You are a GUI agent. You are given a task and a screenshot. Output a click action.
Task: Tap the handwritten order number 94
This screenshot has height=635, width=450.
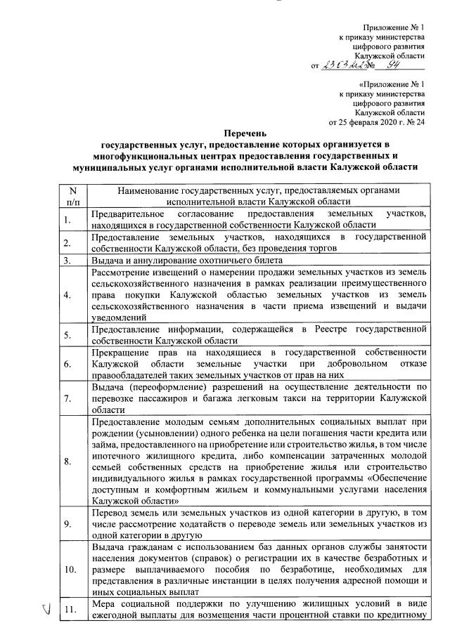(398, 65)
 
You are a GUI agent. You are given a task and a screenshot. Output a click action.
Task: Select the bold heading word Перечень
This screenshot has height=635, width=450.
(247, 132)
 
